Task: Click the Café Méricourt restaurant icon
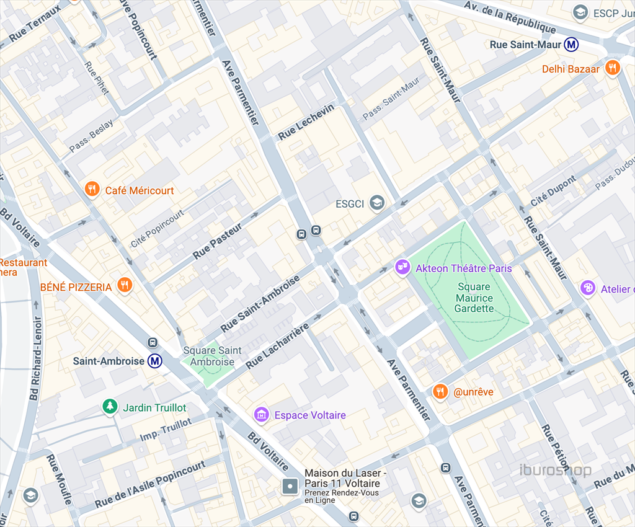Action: click(92, 189)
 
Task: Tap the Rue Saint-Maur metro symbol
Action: click(571, 45)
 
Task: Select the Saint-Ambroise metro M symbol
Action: click(154, 361)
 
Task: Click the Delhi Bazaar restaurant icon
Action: click(613, 68)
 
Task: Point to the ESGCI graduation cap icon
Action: click(376, 203)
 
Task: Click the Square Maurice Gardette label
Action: click(474, 298)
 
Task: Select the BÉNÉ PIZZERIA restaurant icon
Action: click(125, 285)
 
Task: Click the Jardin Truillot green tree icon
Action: click(110, 407)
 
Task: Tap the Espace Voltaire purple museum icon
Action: click(262, 414)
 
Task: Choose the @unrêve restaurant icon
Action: click(440, 391)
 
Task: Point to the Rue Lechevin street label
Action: click(306, 121)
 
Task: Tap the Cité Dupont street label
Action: click(553, 191)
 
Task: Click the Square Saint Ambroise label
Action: click(212, 356)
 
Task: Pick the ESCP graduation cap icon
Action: click(580, 12)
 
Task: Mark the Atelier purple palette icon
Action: click(587, 288)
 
